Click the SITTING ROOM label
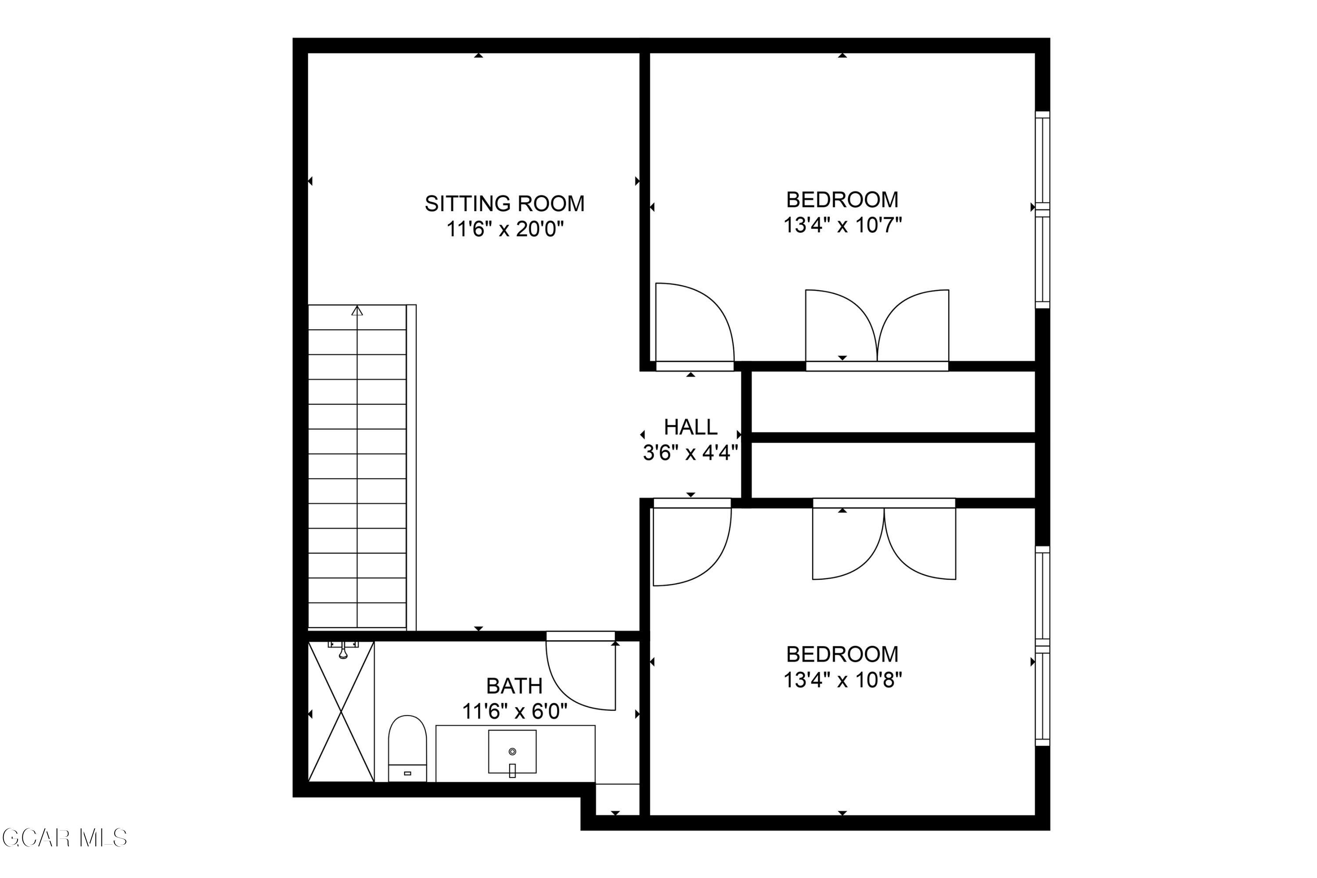(504, 203)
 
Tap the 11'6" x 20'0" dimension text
(504, 229)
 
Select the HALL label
(691, 427)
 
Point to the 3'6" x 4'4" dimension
(691, 453)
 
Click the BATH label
(514, 686)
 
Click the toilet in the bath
(407, 748)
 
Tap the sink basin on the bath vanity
(512, 752)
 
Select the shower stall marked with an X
(341, 711)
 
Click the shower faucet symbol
(343, 650)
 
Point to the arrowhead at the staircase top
(357, 311)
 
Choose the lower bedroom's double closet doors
(884, 539)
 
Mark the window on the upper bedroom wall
(1042, 209)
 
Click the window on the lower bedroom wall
(1042, 646)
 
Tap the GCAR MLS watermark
(65, 838)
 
